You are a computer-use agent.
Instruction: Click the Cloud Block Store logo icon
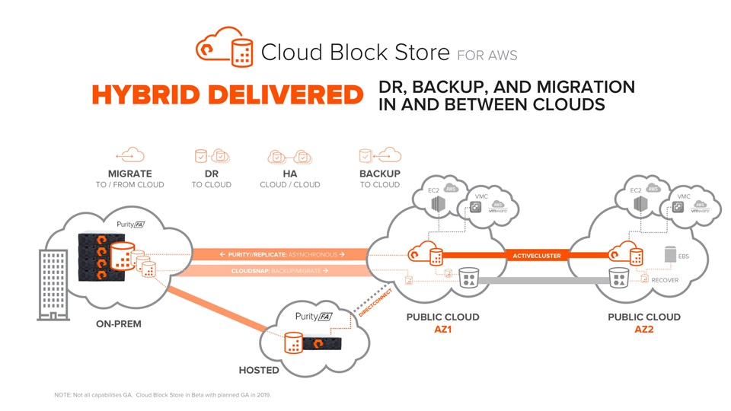225,46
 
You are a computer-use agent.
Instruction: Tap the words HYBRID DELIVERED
226,95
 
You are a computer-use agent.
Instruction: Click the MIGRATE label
129,174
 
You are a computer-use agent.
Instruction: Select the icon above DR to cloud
211,156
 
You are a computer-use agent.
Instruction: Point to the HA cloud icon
289,157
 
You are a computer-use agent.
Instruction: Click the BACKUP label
379,174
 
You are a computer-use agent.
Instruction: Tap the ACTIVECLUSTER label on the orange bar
536,256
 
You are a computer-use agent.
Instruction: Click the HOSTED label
259,371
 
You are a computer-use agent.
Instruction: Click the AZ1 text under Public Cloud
442,330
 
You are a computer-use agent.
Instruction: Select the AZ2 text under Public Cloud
643,330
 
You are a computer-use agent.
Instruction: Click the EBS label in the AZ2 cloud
683,256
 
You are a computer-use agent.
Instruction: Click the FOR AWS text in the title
487,55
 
